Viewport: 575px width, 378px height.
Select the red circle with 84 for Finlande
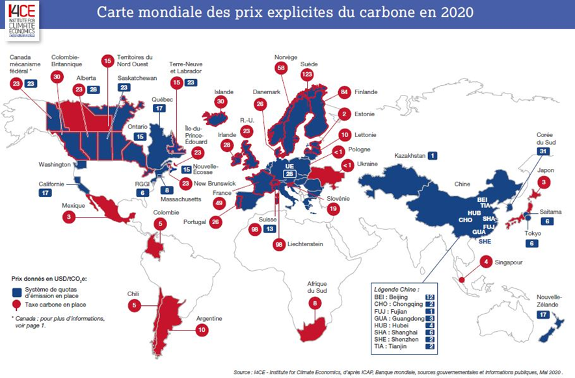344,92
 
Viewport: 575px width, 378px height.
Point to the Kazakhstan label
412,156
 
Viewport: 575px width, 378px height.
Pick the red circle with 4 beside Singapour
485,262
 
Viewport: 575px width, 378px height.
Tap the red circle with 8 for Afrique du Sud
315,303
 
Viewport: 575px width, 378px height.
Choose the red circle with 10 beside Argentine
204,330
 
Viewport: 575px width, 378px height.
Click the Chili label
133,294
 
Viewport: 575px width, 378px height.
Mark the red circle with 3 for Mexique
68,218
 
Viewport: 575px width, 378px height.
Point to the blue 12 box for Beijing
429,296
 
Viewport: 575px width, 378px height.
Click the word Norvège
286,57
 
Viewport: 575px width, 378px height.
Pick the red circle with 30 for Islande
220,102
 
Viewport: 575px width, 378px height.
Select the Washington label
54,164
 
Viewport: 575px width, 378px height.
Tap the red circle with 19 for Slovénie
333,209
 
